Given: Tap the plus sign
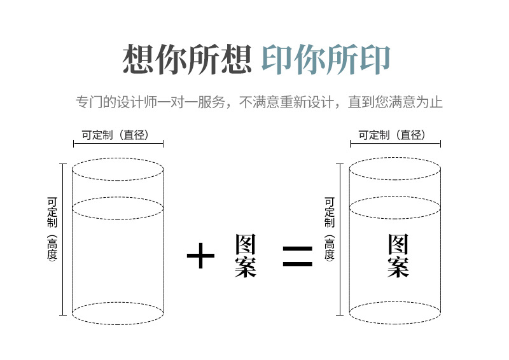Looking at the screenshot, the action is point(200,256).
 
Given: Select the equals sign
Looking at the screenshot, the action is point(297,256).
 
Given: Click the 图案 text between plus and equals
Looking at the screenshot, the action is point(245,256).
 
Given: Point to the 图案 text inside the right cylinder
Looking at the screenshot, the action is point(398,256).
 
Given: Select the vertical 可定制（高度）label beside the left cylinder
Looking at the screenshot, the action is point(52,230).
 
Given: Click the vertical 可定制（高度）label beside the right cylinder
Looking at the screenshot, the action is point(329,230).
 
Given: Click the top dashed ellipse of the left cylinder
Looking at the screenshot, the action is point(118,169).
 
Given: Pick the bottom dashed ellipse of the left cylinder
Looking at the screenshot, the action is point(118,313).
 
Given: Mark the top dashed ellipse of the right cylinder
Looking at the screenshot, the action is point(395,169).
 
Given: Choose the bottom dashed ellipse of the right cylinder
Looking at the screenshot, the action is point(395,313).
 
